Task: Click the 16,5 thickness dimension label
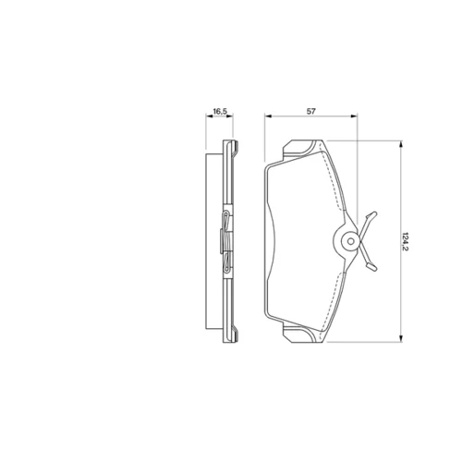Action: pyautogui.click(x=220, y=111)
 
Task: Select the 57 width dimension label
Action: pyautogui.click(x=311, y=111)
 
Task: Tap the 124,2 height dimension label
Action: pyautogui.click(x=406, y=241)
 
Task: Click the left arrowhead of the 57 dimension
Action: pyautogui.click(x=268, y=116)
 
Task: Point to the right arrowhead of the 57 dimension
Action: pyautogui.click(x=354, y=116)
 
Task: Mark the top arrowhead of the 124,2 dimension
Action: pyautogui.click(x=401, y=144)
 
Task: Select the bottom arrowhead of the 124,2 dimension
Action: pyautogui.click(x=401, y=338)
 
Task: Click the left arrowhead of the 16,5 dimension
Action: pyautogui.click(x=209, y=116)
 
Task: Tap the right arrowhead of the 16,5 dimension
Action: pyautogui.click(x=230, y=116)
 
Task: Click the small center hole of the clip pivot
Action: pyautogui.click(x=350, y=241)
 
